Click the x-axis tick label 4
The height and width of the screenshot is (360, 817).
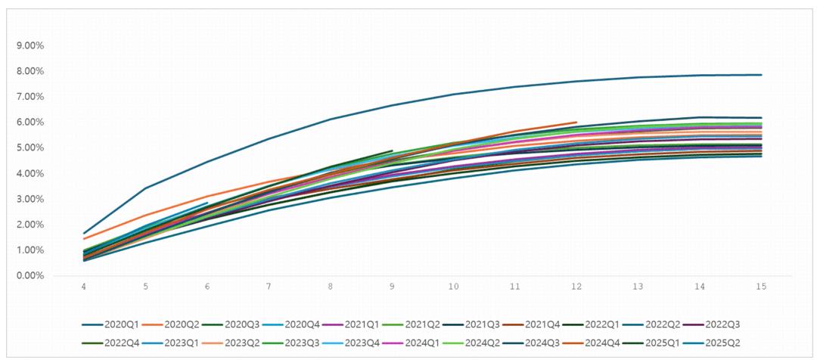[x=84, y=287]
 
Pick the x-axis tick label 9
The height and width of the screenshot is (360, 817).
[x=392, y=287]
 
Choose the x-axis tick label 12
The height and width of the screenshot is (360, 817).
[x=576, y=287]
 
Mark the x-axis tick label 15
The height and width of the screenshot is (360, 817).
[x=761, y=287]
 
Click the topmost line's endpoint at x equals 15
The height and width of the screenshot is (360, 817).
[x=761, y=75]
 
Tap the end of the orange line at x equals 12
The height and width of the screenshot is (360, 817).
[x=576, y=122]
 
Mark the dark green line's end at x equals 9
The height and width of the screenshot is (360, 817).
[x=392, y=151]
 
